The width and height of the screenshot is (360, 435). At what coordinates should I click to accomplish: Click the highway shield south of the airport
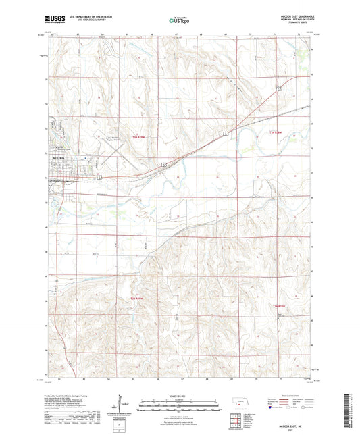pos(99,176)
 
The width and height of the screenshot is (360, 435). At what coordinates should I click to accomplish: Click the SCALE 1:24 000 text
pos(179,395)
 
